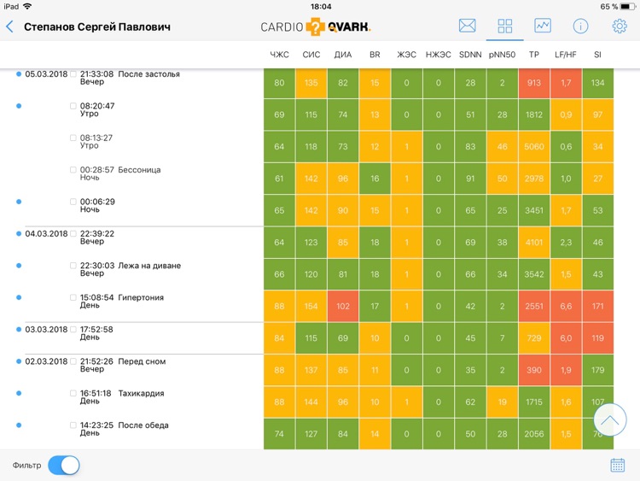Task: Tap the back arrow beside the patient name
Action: click(x=9, y=26)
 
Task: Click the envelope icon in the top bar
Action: click(x=467, y=26)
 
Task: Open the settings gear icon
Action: click(x=620, y=26)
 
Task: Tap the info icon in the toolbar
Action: click(x=580, y=26)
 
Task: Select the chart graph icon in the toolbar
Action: click(x=542, y=26)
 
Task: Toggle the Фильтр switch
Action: click(x=64, y=465)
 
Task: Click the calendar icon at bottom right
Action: click(x=618, y=465)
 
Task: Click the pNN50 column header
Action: click(x=503, y=55)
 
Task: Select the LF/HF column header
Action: click(x=566, y=55)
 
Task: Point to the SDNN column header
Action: click(x=470, y=55)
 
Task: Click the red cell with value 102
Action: click(x=343, y=307)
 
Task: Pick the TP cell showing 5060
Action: click(x=534, y=147)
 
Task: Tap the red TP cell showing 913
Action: click(x=534, y=83)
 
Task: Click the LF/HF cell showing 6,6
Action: click(x=566, y=307)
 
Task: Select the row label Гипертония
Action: click(x=141, y=298)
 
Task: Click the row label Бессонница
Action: click(x=139, y=170)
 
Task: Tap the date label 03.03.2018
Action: click(x=46, y=330)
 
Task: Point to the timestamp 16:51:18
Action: click(x=96, y=394)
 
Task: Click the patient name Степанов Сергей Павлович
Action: click(x=97, y=26)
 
